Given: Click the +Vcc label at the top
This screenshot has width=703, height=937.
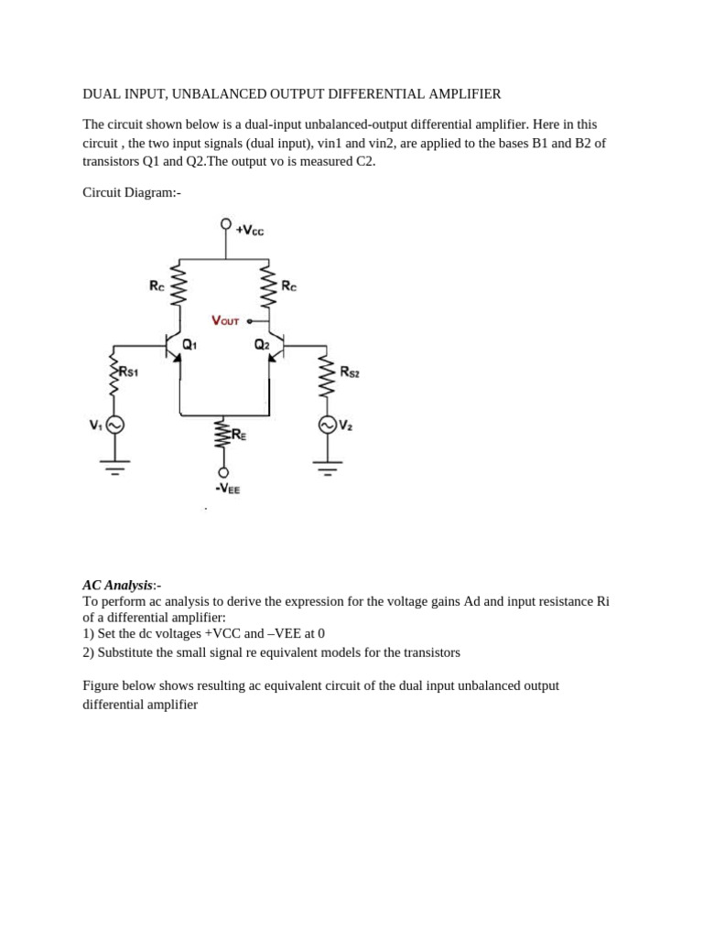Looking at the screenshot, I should coord(250,231).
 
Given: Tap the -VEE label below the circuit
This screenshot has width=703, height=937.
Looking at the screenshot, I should coord(228,490).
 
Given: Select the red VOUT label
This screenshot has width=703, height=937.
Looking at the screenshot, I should coord(225,321).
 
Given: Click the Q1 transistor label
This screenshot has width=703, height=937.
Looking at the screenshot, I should coord(189,345).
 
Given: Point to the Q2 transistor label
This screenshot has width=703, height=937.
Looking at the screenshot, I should coord(262,345).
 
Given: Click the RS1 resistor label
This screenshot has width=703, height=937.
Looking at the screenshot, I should coord(128,372).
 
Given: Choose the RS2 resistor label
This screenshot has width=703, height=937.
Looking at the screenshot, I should coord(350,372).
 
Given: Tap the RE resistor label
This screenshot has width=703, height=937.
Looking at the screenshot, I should coord(238,435).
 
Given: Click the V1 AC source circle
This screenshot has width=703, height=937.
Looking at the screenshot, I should coord(114,425).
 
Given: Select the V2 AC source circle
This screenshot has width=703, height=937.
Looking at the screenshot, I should coord(327,425).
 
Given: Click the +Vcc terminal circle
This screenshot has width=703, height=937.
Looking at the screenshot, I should coord(226,224).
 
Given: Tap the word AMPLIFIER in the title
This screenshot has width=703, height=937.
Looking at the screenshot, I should coord(460,94).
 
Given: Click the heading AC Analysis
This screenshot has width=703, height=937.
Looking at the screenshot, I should coord(117,585).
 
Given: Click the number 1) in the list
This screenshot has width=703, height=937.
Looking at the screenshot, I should coord(88,633).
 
